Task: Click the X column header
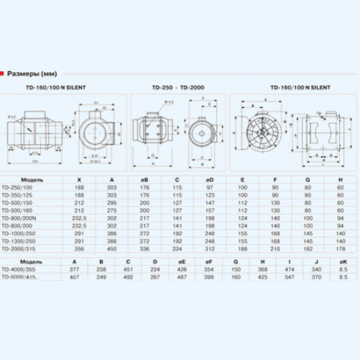tap(78, 178)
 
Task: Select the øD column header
tap(210, 178)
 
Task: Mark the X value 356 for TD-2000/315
tap(78, 247)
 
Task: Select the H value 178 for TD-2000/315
tap(341, 247)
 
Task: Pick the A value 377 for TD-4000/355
tap(74, 270)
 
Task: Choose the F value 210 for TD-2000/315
tap(275, 247)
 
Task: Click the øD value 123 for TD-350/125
tap(210, 194)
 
